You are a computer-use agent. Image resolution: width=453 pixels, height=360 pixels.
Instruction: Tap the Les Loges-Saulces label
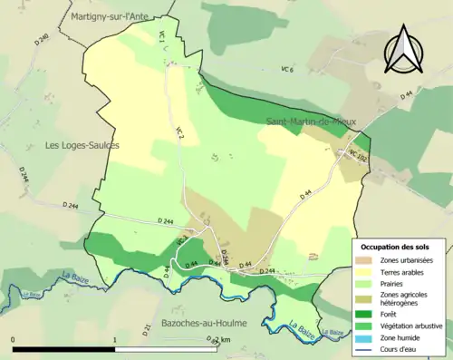pos(82,145)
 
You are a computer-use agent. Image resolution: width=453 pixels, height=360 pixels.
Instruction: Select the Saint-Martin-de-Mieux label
pos(308,122)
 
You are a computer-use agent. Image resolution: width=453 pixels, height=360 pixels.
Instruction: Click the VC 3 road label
pos(180,132)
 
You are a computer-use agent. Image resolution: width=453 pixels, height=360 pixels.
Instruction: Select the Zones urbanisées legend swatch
pos(367,259)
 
